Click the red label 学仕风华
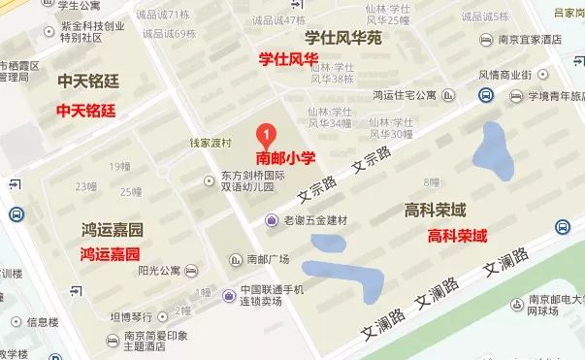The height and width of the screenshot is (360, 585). (288, 59)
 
